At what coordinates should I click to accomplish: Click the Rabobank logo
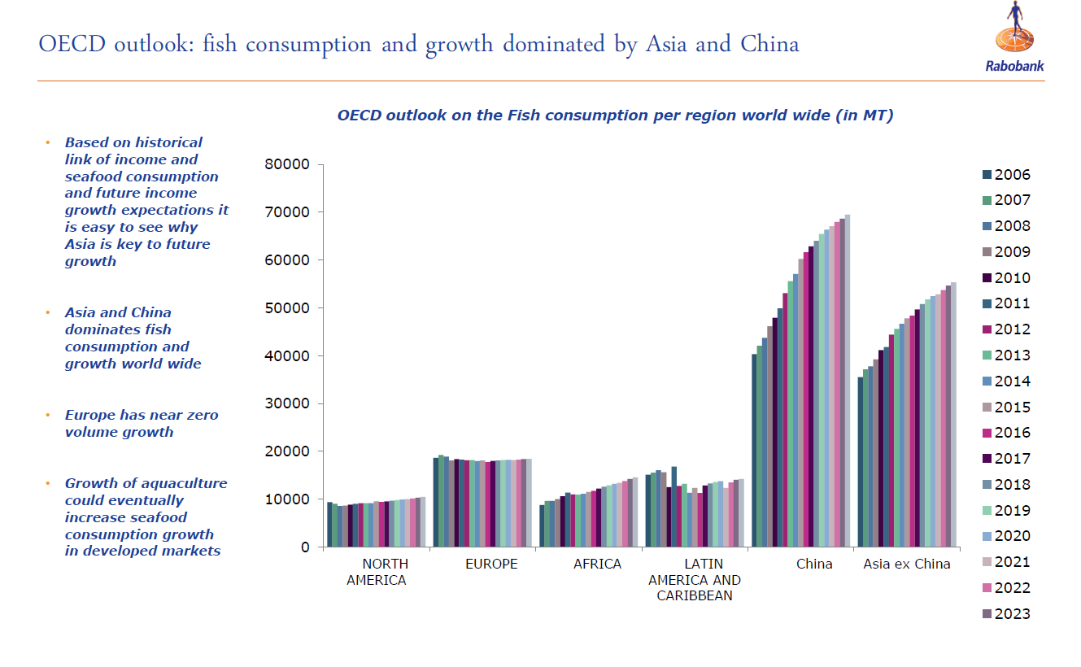click(1014, 39)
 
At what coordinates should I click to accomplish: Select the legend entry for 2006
click(1006, 175)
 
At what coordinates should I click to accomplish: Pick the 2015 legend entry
click(1006, 408)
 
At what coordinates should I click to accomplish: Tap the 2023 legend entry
click(1006, 614)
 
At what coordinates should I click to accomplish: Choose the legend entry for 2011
click(1006, 304)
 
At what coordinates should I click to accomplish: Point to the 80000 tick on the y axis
click(288, 165)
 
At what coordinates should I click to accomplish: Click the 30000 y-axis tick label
click(288, 404)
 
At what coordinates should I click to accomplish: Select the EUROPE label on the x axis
click(491, 564)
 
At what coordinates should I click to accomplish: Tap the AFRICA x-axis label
click(597, 564)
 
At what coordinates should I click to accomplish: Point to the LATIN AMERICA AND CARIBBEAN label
click(695, 579)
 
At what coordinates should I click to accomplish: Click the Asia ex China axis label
click(906, 564)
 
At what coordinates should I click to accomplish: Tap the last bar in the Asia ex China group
click(953, 415)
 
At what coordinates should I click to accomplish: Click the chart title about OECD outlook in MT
click(615, 116)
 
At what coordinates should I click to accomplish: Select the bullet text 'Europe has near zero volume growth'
click(142, 424)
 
